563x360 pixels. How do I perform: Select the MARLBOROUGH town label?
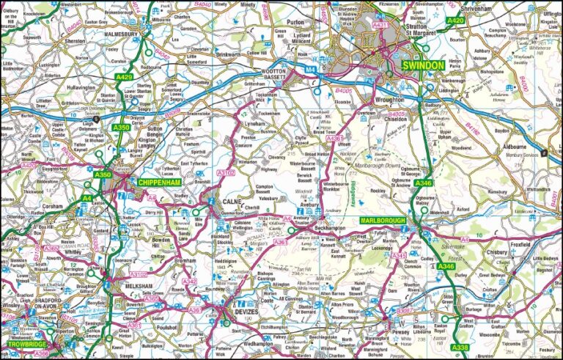383,221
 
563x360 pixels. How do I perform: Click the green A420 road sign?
455,21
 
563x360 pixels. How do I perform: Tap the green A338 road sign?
461,347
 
